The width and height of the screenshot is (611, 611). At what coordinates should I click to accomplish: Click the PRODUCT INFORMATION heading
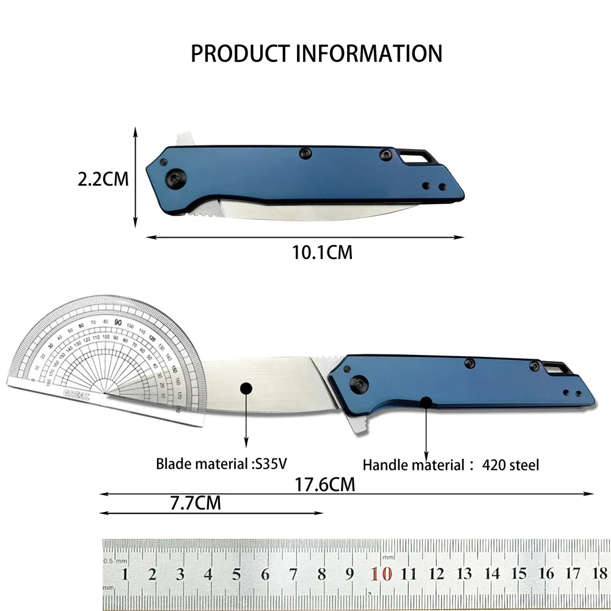click(x=316, y=53)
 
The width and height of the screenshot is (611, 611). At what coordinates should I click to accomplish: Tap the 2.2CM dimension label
click(x=103, y=180)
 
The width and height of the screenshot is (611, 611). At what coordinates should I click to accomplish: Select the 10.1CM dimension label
click(x=323, y=252)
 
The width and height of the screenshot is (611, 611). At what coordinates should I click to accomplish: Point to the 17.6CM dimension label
click(x=324, y=485)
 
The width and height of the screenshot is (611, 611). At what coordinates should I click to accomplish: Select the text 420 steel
click(x=511, y=466)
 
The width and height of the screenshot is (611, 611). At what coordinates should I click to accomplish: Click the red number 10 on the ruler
click(x=381, y=574)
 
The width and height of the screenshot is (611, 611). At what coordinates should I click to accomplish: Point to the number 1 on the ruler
click(x=125, y=574)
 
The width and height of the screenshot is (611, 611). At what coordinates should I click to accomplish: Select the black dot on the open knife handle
click(x=425, y=402)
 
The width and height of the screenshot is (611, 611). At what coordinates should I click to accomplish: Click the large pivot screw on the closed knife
click(x=175, y=178)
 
